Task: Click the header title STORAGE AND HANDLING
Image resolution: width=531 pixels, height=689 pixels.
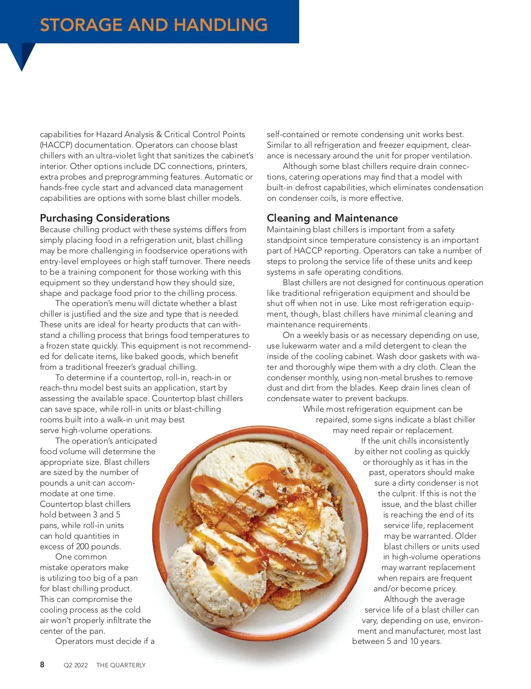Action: click(x=154, y=25)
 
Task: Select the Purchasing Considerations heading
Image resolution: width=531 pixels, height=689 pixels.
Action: click(x=105, y=218)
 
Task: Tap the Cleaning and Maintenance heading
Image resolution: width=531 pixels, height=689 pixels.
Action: click(x=332, y=218)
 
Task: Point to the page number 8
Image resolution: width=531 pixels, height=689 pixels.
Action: click(x=42, y=665)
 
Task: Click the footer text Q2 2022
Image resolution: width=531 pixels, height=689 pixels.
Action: click(x=76, y=665)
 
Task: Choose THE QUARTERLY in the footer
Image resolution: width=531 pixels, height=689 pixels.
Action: click(x=121, y=665)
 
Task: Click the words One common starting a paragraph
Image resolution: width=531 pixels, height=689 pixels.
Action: click(x=81, y=557)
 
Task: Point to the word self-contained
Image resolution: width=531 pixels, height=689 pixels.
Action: click(x=293, y=134)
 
